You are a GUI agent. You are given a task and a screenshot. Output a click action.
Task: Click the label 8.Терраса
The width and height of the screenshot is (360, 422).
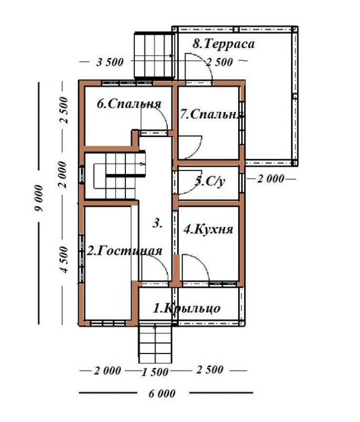[x=223, y=44]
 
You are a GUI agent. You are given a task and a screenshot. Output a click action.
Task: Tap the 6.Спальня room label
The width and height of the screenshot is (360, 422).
[x=129, y=104]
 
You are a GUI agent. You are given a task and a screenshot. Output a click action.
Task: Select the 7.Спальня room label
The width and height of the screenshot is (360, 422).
[x=212, y=114]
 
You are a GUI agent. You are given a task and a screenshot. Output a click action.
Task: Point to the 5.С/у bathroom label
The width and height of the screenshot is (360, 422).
[x=210, y=181]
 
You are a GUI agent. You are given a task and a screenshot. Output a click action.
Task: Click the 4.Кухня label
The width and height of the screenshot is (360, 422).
[x=208, y=229]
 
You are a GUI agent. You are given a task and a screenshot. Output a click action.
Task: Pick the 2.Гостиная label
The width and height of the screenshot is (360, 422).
[x=124, y=251]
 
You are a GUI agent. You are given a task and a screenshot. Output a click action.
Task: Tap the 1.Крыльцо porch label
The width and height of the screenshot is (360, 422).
[x=187, y=309]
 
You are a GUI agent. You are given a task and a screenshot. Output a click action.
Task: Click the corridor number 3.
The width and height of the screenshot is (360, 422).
[x=157, y=223]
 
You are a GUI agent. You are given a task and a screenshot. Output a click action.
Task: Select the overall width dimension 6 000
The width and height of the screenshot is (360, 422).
[x=162, y=394]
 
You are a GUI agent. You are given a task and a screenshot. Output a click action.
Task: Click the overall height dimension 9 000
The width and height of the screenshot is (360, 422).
[x=39, y=198]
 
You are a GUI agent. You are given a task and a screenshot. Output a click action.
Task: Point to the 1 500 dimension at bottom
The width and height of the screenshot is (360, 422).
[x=155, y=372]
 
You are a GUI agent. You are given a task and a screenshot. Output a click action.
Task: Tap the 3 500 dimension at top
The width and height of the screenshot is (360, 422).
[x=110, y=62]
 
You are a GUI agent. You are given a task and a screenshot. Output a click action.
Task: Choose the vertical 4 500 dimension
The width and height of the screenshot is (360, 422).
[x=64, y=260]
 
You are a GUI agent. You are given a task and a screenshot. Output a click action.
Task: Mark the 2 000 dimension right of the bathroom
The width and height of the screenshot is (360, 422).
[x=270, y=179]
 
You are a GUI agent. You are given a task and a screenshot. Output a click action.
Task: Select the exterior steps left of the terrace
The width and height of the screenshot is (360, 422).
[x=154, y=55]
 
